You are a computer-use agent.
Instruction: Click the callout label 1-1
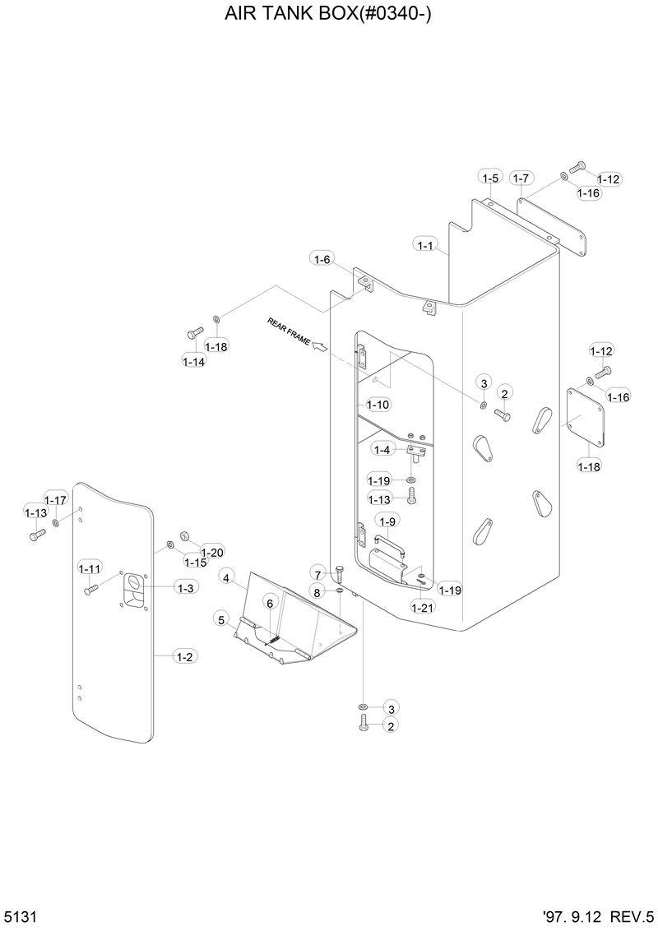425,244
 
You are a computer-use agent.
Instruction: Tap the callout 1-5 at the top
490,178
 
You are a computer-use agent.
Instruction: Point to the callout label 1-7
521,178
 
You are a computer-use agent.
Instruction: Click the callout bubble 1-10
378,405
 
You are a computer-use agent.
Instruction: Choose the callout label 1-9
387,521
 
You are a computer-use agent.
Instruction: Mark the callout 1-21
422,607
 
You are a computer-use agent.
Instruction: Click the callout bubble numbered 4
226,578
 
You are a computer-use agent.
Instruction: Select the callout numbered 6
268,604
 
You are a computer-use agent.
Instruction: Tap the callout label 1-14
194,360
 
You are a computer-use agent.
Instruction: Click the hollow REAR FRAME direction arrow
317,349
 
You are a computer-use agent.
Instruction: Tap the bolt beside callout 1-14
195,333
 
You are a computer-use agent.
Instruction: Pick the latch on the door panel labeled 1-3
132,588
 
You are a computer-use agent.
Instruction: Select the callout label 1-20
211,552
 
